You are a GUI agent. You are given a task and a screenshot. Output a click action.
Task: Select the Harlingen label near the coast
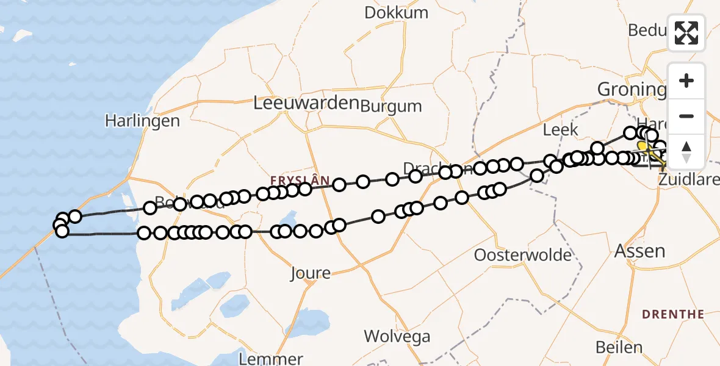pos(142,121)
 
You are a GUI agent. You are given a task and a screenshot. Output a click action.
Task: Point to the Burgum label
pos(391,106)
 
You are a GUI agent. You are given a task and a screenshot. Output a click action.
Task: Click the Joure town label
pos(311,273)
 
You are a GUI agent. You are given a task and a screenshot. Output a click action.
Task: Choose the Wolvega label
pos(397,336)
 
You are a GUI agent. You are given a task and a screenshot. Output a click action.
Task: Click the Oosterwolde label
pos(523,254)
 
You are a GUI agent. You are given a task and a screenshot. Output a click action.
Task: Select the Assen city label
pos(640,251)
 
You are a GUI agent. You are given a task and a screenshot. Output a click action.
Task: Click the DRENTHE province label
pos(672,315)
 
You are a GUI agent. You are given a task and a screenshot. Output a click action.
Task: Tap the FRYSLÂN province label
pos(301,181)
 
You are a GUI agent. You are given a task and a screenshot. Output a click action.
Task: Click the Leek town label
pos(556,129)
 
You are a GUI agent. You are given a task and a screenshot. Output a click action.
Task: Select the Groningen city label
pos(632,90)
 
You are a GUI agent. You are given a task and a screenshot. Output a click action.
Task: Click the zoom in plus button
pos(686,81)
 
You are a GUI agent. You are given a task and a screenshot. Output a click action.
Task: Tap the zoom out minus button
pos(686,116)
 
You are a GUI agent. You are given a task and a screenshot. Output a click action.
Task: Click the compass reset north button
pos(686,151)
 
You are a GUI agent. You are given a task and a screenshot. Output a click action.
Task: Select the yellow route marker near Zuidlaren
pos(643,146)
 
